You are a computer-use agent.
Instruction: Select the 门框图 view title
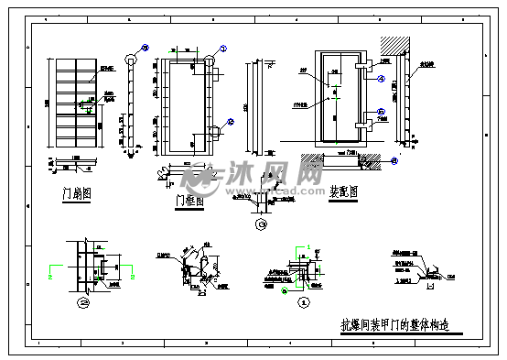187,199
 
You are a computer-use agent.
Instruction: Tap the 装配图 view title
342,192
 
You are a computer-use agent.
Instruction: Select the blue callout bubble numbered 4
145,49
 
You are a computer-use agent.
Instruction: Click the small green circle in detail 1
285,291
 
